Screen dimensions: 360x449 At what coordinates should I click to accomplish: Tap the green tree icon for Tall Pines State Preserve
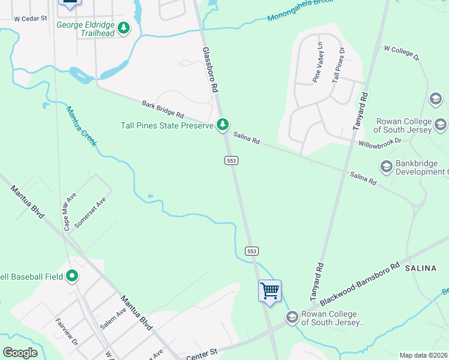pos(223,125)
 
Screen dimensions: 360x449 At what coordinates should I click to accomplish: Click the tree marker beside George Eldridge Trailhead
pos(124,28)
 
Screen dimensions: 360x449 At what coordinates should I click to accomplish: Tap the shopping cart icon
pos(270,291)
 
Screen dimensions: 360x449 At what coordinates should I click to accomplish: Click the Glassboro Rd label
pos(209,70)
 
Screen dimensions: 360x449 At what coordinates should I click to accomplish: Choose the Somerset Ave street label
pos(97,213)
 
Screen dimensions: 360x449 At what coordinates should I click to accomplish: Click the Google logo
pos(20,352)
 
